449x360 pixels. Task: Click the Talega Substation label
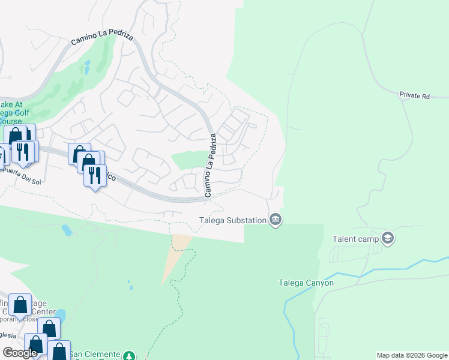pos(233,220)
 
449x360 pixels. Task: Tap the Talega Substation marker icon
pos(276,220)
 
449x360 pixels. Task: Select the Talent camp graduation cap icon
pos(388,238)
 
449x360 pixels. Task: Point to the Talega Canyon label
pos(306,283)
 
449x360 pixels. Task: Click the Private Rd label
pos(415,95)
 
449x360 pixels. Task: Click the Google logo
pos(20,353)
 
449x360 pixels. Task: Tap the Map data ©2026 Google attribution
pos(411,355)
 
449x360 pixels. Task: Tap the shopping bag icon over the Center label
pos(20,305)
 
